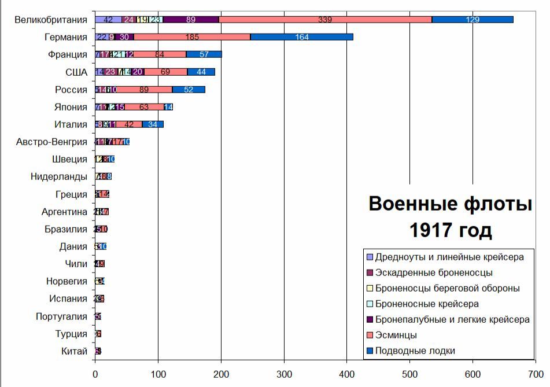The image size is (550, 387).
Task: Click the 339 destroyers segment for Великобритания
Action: (x=325, y=20)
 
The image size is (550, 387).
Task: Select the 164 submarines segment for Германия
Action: (x=301, y=37)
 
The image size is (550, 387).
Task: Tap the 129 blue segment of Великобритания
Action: (x=473, y=20)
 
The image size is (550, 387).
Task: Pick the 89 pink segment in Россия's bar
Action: (x=144, y=90)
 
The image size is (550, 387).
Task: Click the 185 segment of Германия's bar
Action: (x=192, y=37)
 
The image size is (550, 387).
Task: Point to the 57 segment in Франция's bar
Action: (x=204, y=54)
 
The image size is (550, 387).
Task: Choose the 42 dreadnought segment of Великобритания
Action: (x=108, y=20)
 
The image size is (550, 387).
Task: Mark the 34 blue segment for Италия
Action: (x=153, y=124)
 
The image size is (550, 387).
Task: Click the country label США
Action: (x=76, y=72)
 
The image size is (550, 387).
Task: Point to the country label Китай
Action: (x=74, y=351)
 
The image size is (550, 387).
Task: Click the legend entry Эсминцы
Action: (x=396, y=335)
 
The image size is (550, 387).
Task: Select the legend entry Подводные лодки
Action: (x=415, y=351)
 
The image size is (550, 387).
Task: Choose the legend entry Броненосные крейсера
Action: (x=427, y=304)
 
